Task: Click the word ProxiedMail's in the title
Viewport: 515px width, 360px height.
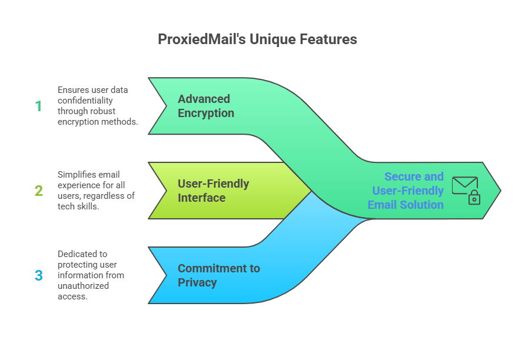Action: coord(202,39)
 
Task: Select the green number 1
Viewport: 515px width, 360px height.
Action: coord(38,106)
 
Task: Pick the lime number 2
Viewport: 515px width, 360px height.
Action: coord(39,191)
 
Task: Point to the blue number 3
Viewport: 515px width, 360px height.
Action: coord(39,275)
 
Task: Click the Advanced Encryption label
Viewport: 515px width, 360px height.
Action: coord(206,106)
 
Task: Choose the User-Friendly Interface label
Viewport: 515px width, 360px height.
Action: coord(214,191)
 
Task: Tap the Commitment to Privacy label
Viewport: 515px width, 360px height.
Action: coord(219,275)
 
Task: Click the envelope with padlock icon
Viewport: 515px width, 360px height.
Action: coord(466,191)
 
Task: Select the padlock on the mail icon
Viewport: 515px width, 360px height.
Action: coord(474,197)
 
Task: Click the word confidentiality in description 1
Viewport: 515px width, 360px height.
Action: coord(85,101)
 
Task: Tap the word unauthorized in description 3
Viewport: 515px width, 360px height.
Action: coord(83,286)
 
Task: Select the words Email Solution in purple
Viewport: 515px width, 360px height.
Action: coord(406,205)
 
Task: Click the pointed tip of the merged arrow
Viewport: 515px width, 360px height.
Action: coord(501,191)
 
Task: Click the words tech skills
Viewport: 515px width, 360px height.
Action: coord(78,206)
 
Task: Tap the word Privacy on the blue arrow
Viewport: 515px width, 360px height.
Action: coord(197,282)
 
